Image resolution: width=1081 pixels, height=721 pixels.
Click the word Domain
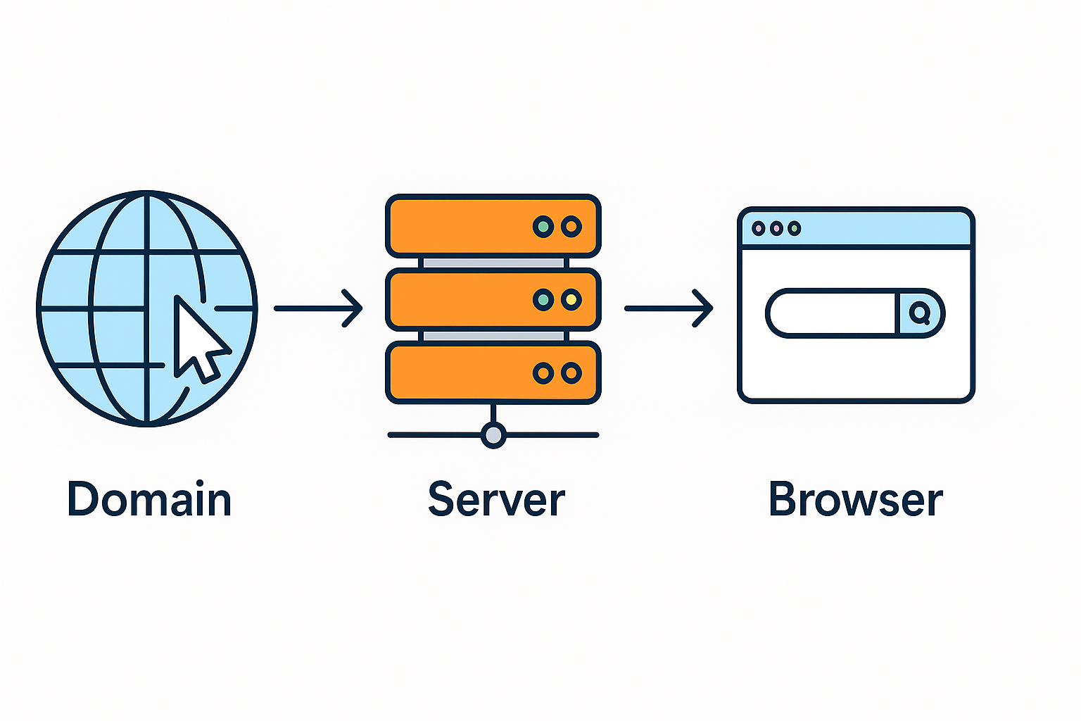click(x=149, y=500)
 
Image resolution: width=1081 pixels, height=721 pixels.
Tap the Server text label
click(x=496, y=500)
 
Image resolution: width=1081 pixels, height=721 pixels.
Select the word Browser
click(x=855, y=500)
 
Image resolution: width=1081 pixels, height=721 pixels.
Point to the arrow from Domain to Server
click(x=318, y=308)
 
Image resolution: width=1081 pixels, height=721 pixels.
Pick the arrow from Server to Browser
click(x=669, y=308)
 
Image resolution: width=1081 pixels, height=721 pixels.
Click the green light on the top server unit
click(x=543, y=227)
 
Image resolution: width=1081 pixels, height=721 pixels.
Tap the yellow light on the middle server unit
click(x=571, y=301)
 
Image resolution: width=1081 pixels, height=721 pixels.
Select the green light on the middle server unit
click(x=543, y=301)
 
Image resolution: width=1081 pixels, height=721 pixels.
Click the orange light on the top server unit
click(x=571, y=227)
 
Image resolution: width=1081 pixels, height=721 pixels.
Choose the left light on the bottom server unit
click(x=543, y=373)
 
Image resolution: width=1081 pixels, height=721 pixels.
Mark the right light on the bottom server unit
click(x=571, y=373)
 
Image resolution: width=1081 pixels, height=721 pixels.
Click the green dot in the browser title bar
click(x=795, y=228)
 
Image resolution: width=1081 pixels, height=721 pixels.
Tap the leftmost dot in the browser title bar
click(x=758, y=228)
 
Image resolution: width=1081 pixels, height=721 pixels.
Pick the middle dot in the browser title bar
click(x=776, y=228)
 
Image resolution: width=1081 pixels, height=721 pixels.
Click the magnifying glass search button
click(x=919, y=313)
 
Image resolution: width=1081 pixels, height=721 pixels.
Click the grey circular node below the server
click(x=493, y=435)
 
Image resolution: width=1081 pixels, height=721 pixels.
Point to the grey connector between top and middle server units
click(x=493, y=263)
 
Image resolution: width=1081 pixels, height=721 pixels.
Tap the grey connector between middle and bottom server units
click(x=493, y=336)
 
